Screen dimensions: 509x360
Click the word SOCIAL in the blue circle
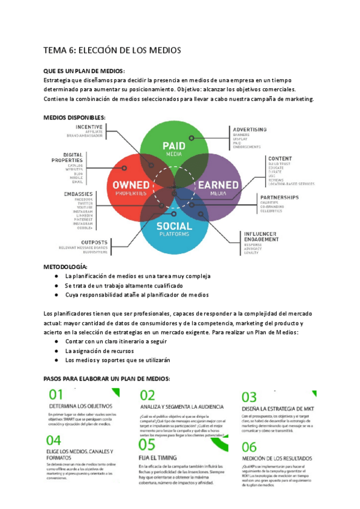pos(175,226)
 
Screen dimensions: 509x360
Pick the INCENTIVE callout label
pos(89,127)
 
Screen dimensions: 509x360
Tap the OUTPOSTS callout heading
pos(95,242)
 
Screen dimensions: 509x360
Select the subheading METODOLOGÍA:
pos(65,266)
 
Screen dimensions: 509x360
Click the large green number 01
pos(56,396)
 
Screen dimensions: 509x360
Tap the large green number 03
pos(249,397)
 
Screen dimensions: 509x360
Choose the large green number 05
pos(147,444)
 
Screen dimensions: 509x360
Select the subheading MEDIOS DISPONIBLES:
pos(75,117)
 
